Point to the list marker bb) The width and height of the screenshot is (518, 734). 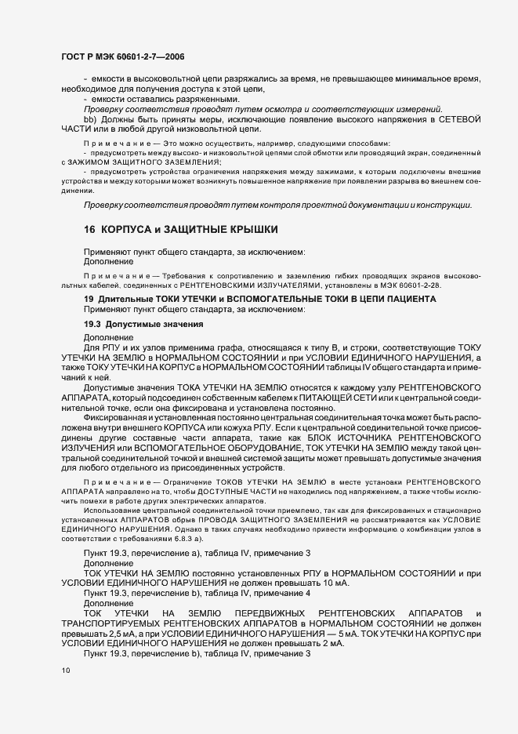tap(89, 118)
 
